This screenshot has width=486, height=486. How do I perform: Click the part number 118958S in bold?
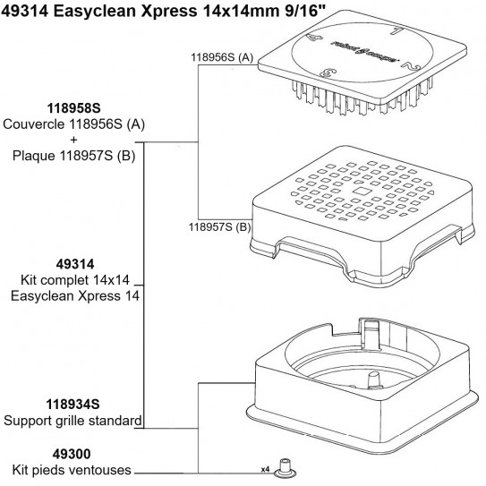(74, 107)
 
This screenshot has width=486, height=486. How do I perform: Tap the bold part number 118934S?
(73, 405)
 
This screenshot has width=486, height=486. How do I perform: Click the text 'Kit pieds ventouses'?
(72, 469)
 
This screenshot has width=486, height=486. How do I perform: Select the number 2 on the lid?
(406, 67)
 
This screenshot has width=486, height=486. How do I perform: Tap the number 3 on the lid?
(333, 72)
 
